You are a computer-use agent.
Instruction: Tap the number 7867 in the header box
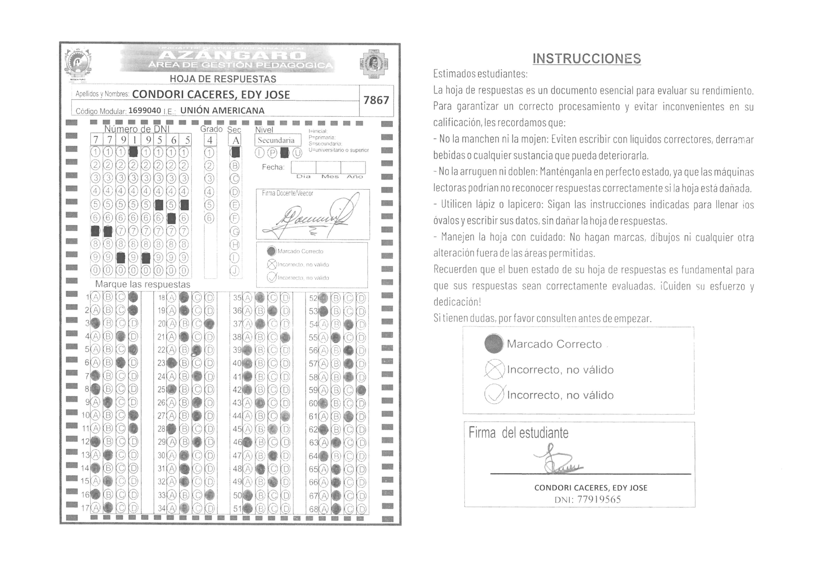click(376, 100)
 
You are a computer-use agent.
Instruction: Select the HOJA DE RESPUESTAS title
click(223, 79)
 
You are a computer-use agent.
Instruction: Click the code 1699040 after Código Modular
click(144, 111)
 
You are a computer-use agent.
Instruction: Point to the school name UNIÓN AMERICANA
click(222, 111)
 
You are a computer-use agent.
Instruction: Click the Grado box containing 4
click(210, 140)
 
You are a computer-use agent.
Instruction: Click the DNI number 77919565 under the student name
click(599, 500)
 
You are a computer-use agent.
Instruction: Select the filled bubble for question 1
click(133, 297)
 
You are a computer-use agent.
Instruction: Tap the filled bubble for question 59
click(361, 390)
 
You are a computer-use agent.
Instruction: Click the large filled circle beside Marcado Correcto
click(494, 344)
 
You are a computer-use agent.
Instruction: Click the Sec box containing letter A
click(235, 140)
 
